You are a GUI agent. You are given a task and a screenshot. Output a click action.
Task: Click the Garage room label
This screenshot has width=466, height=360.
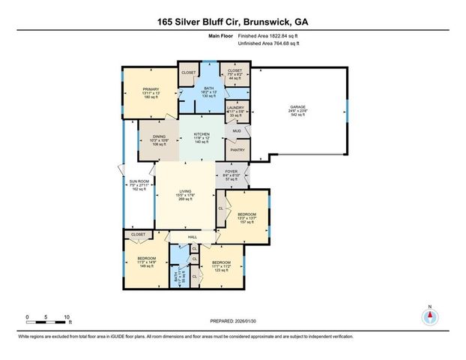[297, 111]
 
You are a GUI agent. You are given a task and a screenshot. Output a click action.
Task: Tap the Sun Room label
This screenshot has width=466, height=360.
[137, 184]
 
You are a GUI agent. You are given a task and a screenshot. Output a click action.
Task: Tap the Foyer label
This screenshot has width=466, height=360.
[232, 175]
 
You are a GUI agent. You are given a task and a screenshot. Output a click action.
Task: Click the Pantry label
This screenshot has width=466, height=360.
[236, 150]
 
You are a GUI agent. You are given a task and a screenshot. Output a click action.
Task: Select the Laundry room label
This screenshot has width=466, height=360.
[235, 111]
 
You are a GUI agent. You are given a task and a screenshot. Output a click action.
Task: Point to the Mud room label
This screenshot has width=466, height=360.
[236, 130]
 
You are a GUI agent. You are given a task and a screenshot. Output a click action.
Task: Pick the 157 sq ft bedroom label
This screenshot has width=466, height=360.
[247, 218]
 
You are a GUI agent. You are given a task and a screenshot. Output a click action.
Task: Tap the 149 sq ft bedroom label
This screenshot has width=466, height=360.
[146, 261]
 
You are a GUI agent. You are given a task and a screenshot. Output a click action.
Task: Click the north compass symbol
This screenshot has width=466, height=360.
[430, 317]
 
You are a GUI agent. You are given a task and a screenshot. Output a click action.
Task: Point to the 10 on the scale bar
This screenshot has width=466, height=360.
[67, 318]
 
